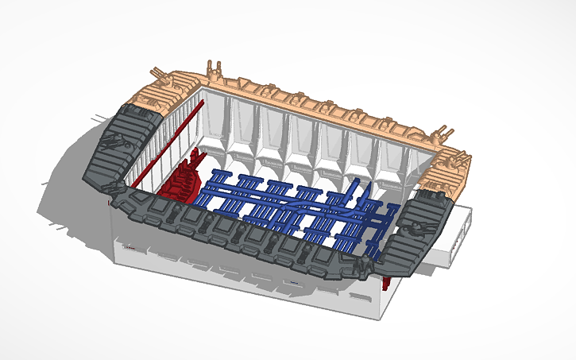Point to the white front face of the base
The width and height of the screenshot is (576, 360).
coord(238,274)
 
